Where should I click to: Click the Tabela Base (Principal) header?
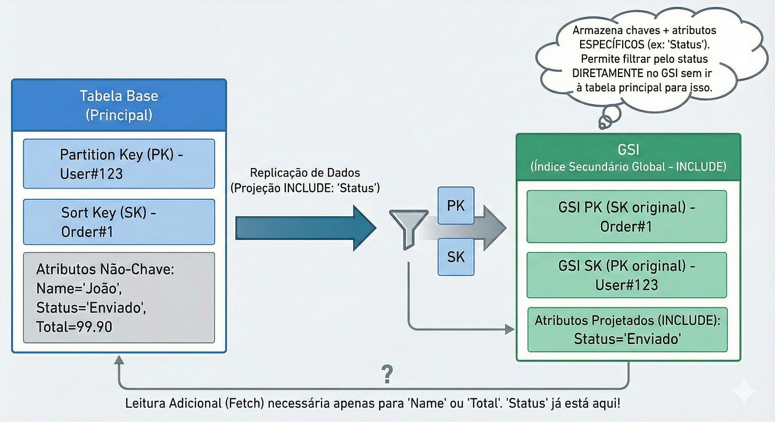point(119,105)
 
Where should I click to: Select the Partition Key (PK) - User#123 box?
point(119,164)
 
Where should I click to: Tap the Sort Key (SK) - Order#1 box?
point(119,222)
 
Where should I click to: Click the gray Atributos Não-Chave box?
point(119,298)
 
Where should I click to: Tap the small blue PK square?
point(456,206)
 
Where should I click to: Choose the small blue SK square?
point(456,257)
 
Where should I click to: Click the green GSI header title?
point(628,157)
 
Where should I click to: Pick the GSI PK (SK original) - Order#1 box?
point(627,217)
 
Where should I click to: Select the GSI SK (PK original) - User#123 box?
point(627,275)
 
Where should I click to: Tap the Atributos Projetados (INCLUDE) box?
point(627,330)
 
